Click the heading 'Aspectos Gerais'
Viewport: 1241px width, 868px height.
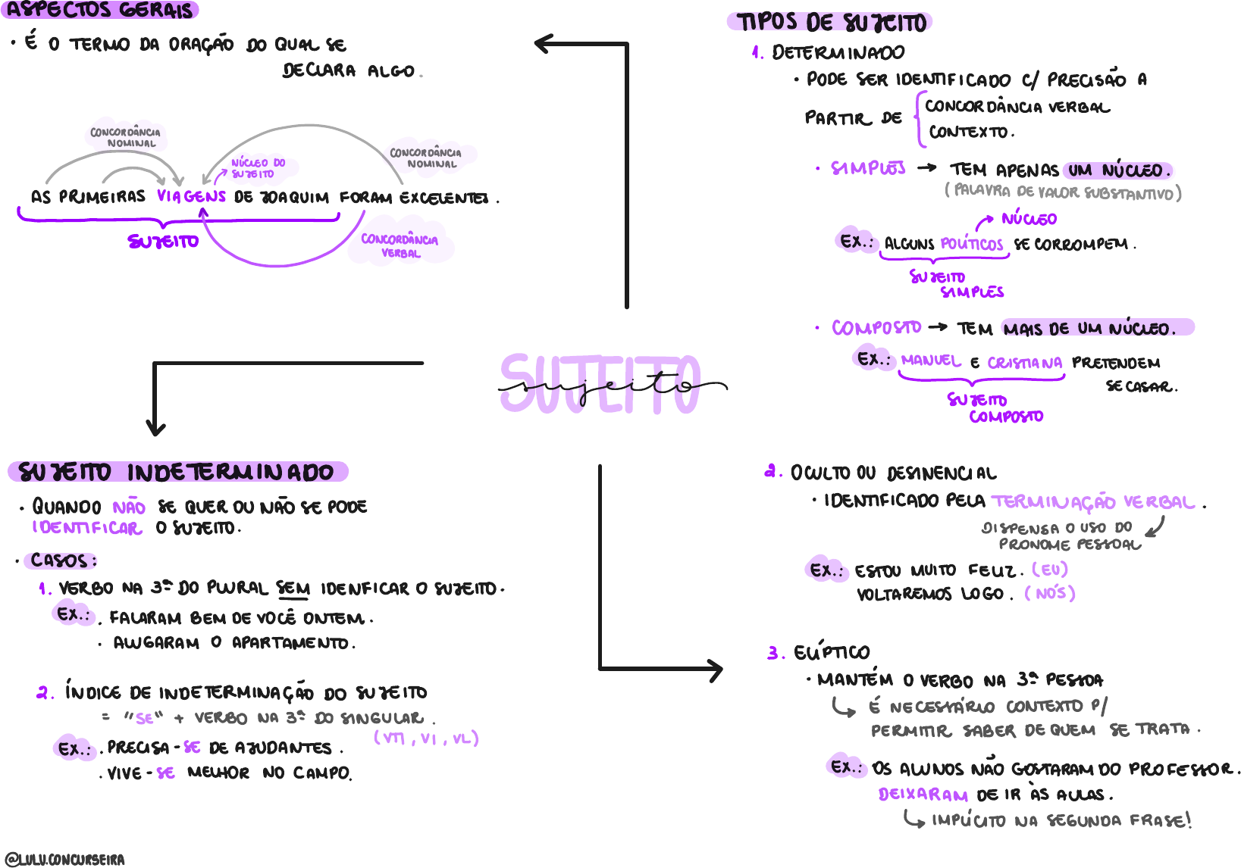100,11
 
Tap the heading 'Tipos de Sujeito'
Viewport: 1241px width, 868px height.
832,22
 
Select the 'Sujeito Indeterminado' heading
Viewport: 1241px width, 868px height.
177,473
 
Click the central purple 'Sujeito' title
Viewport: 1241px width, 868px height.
600,385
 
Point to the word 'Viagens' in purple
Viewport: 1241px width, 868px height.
191,196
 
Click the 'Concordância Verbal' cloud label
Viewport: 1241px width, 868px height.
400,245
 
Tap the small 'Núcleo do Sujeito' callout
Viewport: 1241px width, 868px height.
257,168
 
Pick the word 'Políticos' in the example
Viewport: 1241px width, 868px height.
971,244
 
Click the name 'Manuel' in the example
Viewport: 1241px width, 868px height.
931,361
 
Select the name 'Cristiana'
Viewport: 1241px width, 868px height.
1024,363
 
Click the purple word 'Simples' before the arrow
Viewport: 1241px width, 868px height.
868,168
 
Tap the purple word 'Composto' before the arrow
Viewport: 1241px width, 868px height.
876,328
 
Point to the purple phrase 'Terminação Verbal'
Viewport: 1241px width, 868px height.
1093,501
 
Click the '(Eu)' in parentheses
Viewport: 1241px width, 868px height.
1050,569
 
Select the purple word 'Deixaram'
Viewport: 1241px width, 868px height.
923,795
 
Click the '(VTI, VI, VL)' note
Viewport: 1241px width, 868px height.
426,738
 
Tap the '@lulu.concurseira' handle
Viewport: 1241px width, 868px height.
64,860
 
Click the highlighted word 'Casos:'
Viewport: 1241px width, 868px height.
63,560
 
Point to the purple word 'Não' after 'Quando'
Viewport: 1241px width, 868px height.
129,507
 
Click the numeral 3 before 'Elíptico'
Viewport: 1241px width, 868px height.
773,652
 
